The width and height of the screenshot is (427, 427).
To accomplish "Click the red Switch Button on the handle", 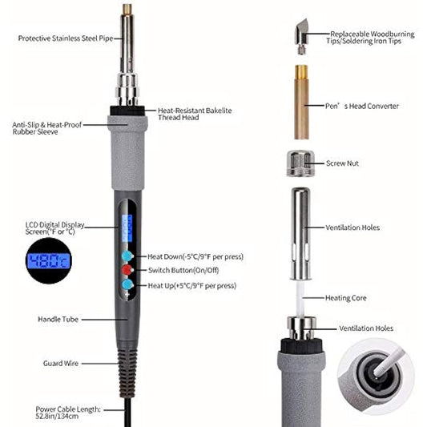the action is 127,270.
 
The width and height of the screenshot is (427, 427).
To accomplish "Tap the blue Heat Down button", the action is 127,256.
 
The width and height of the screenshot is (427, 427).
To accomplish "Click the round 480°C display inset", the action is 49,260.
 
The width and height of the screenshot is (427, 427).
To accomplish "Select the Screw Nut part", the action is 300,163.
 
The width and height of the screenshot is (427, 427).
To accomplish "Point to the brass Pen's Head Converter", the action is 301,102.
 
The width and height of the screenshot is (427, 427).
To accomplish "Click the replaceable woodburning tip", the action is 301,36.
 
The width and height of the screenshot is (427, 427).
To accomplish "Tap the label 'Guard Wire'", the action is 61,363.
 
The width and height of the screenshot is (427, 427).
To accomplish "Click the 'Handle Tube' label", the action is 58,319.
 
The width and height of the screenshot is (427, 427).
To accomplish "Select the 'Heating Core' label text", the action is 346,298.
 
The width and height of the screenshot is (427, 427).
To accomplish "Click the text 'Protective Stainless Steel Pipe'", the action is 66,38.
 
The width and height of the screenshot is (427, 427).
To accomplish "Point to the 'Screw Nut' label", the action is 342,163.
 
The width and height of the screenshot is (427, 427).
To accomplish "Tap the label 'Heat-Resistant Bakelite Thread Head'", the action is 195,114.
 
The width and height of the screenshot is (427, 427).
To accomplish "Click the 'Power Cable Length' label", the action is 68,413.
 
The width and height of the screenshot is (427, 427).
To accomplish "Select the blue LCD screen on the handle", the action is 127,228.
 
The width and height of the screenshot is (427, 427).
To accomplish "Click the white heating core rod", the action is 300,298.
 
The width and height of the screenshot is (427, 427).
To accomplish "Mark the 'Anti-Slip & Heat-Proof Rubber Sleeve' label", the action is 46,128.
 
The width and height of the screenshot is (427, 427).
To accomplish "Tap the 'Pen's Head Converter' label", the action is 362,106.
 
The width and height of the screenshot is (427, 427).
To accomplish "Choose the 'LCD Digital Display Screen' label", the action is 54,228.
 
